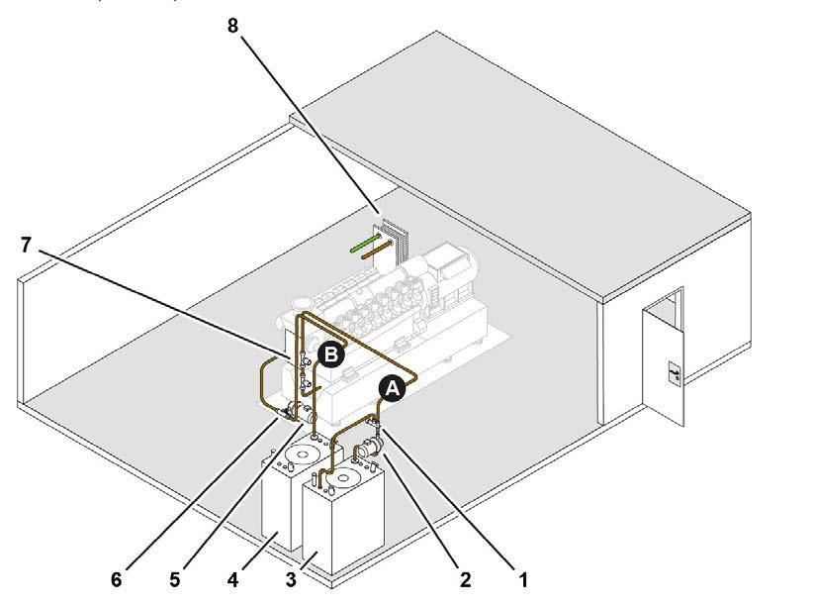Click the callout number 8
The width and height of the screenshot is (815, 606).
[x=233, y=26]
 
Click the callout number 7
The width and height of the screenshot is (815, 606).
[x=27, y=245]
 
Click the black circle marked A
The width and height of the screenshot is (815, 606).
[x=393, y=390]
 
